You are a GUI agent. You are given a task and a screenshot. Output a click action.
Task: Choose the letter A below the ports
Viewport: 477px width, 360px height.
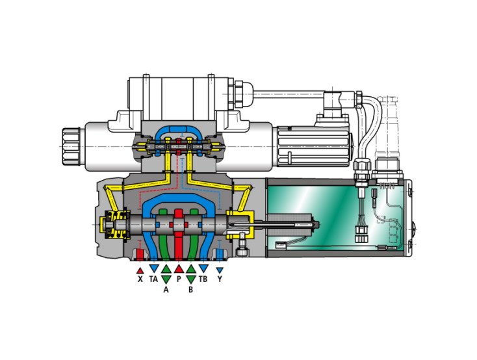[166, 290]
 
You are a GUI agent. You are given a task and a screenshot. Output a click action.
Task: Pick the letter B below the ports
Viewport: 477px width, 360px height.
[191, 290]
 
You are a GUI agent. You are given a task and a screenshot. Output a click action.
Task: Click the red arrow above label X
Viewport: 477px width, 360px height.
[140, 268]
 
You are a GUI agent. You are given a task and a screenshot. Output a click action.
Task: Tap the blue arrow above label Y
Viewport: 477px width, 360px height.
[220, 269]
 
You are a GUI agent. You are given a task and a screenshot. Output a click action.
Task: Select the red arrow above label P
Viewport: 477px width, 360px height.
[179, 268]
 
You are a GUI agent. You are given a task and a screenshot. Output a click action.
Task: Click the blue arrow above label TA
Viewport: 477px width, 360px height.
[153, 268]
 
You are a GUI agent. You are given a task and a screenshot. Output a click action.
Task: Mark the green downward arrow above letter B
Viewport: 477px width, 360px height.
[191, 279]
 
